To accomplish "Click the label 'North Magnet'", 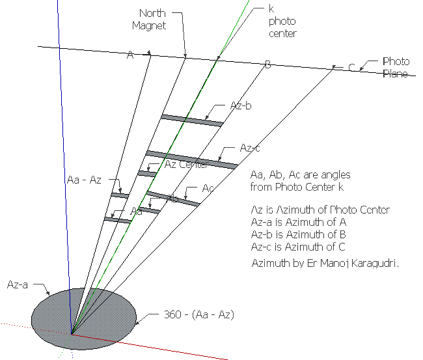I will (150, 20).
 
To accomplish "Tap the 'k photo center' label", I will (282, 21).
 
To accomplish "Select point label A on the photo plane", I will (130, 56).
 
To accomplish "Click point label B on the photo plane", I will (267, 64).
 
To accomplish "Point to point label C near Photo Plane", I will (352, 67).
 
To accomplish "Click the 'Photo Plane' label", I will (395, 67).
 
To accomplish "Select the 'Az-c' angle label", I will (250, 148).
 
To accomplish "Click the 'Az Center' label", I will (186, 164).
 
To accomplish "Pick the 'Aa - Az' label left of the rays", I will (84, 179).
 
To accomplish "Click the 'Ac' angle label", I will (208, 188).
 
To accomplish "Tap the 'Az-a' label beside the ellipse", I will (18, 284).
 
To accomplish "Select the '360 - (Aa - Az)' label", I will (198, 314).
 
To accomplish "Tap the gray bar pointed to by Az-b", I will (192, 120).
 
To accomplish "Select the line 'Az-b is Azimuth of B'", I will (297, 234).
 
